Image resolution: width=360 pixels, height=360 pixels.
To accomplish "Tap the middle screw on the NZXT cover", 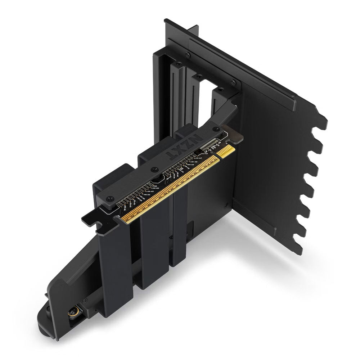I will point(155,168).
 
